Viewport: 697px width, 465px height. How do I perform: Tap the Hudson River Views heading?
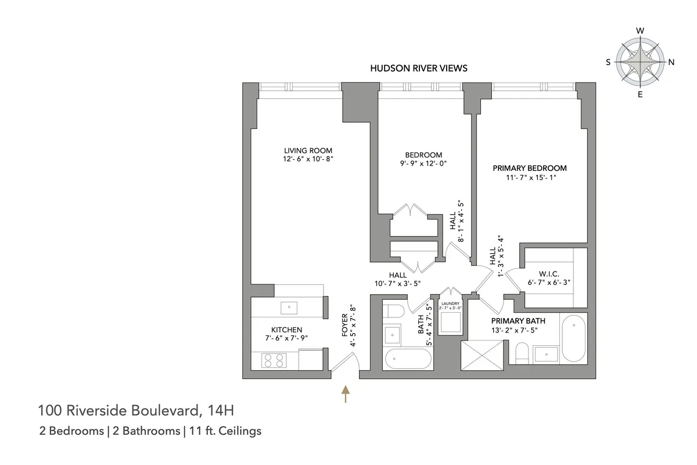click(419, 68)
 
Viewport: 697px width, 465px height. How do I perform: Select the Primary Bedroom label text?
click(529, 168)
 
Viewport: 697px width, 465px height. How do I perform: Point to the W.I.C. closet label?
click(549, 273)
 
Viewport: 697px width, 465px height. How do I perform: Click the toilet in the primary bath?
click(522, 352)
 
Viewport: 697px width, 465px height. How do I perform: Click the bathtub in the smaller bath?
click(407, 359)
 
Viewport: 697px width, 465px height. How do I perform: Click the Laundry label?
click(450, 304)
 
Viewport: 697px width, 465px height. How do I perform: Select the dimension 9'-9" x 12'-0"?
click(423, 163)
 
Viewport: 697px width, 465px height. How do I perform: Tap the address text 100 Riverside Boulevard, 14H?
click(136, 412)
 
